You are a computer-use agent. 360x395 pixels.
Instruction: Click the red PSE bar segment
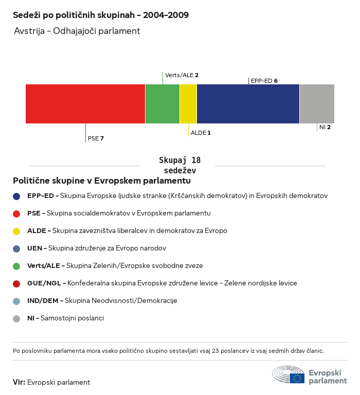[x=85, y=104]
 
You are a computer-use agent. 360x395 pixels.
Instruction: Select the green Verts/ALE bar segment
[x=163, y=104]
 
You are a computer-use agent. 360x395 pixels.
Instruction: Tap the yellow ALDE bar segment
[x=188, y=104]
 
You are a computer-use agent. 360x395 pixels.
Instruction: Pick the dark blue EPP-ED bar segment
[x=248, y=104]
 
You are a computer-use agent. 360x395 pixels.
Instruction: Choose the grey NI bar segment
[x=317, y=104]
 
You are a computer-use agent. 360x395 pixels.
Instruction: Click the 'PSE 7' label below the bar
[x=96, y=138]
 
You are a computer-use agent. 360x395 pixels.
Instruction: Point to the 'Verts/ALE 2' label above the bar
[x=182, y=75]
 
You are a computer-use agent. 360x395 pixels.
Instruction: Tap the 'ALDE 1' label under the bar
[x=201, y=133]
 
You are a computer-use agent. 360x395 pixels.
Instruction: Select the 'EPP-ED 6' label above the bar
[x=264, y=81]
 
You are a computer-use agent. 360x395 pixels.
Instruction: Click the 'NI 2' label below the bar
[x=325, y=127]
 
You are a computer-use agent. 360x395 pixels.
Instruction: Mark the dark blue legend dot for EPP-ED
[x=16, y=196]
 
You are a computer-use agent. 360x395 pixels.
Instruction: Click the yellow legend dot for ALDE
[x=16, y=231]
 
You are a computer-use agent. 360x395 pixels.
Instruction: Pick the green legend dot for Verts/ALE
[x=16, y=266]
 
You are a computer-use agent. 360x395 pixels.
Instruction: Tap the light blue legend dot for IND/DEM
[x=16, y=301]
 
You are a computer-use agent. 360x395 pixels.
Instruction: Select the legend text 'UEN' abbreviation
[x=34, y=248]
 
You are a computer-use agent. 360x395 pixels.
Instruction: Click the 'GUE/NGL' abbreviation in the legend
[x=44, y=283]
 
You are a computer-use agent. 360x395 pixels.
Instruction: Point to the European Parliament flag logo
[x=297, y=378]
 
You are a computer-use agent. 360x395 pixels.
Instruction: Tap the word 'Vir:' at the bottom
[x=19, y=382]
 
